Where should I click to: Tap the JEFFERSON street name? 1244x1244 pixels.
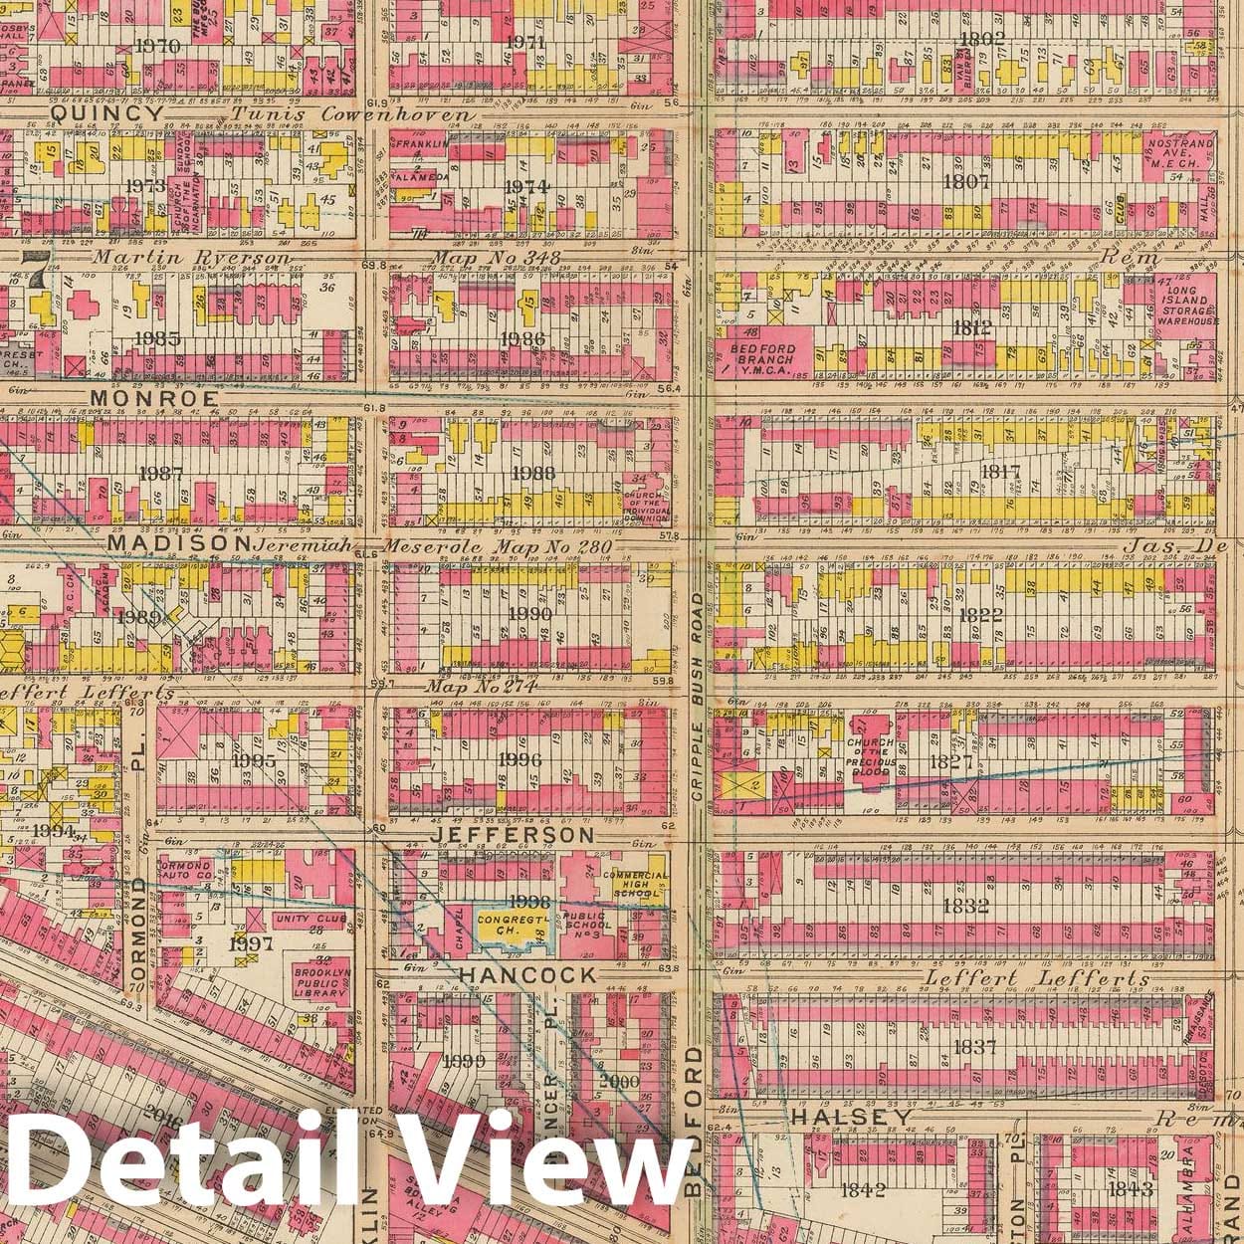pyautogui.click(x=515, y=835)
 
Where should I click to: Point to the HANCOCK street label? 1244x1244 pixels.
pyautogui.click(x=529, y=975)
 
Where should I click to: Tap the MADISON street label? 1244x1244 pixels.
pyautogui.click(x=178, y=545)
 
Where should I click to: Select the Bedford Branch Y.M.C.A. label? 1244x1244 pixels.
pyautogui.click(x=772, y=357)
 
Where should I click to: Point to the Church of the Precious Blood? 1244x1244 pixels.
pyautogui.click(x=872, y=753)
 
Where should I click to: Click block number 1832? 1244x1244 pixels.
pyautogui.click(x=969, y=906)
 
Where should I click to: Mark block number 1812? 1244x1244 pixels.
pyautogui.click(x=971, y=326)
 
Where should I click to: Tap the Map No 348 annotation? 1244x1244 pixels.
pyautogui.click(x=496, y=259)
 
